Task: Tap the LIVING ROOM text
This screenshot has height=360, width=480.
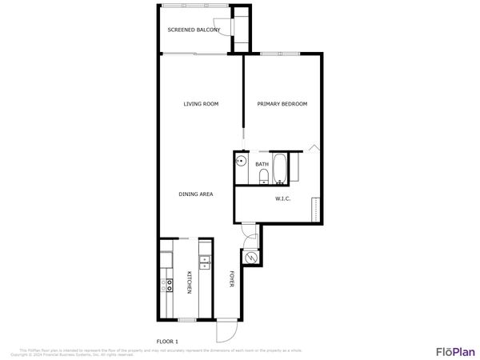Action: coord(201,104)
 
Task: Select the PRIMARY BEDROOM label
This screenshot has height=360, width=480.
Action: coord(282,104)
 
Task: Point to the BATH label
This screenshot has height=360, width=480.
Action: coord(262,165)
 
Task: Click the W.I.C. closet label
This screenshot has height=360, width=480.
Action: coord(282,198)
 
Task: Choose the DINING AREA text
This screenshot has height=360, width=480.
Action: coord(194,194)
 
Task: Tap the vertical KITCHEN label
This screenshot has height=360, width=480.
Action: coord(190,282)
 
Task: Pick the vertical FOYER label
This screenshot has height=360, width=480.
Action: coord(232,279)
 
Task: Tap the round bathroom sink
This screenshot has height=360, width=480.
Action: coord(240,161)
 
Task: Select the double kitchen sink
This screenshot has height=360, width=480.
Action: coord(204,261)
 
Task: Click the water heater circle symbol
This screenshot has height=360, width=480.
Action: coord(251,258)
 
